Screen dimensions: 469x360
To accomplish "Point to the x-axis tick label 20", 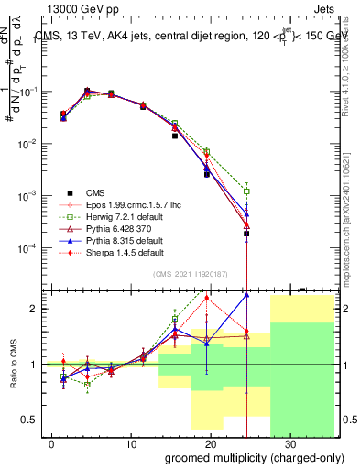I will click(x=211, y=443).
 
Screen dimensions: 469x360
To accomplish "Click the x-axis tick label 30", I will click(x=290, y=443).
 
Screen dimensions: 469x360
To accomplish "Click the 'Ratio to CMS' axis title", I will click(x=15, y=378).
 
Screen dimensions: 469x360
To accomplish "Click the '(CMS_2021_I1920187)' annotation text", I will click(x=202, y=272).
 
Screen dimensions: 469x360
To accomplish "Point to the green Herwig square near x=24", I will click(x=246, y=191).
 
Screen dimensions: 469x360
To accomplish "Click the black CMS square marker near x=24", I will click(x=246, y=234).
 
